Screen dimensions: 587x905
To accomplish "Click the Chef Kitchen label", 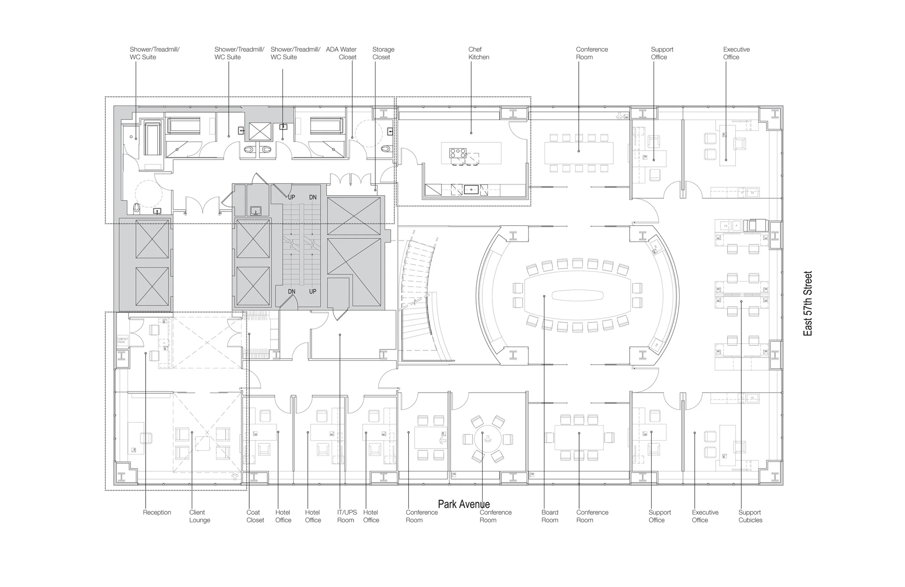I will pos(478,53).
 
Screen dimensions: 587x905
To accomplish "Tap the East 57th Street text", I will pos(807,303).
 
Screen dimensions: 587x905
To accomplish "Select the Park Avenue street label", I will pos(463,504).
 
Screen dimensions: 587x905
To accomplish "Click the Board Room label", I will pos(550,516).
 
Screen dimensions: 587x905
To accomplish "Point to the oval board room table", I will pos(577,295).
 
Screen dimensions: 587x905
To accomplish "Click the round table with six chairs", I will pos(487,439).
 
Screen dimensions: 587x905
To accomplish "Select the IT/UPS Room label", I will pos(346,516).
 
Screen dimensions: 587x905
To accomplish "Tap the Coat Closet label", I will pos(255,516).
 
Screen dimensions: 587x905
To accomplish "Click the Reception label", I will pos(157,512).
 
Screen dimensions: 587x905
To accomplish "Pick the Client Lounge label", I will pos(199,516).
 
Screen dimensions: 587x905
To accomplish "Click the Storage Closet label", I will pos(383,53).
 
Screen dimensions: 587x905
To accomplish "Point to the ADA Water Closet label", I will pos(341,53).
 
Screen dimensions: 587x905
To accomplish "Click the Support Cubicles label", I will pos(750,516).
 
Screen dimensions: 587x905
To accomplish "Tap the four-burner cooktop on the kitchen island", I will pos(458,153).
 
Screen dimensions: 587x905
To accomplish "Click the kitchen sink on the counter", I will pos(471,189).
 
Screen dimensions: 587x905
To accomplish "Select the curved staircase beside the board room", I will pos(418,297).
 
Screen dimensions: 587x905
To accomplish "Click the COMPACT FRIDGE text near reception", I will pos(122,340).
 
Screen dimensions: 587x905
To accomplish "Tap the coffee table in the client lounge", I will pos(202,444).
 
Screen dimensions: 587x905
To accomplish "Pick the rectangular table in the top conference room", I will pos(579,152).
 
